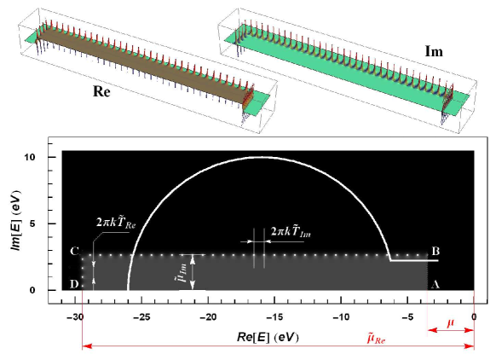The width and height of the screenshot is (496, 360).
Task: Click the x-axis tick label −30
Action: pyautogui.click(x=75, y=316)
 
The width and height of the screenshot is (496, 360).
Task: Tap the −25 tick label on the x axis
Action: pyautogui.click(x=141, y=316)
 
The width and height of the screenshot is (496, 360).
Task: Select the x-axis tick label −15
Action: pyautogui.click(x=274, y=316)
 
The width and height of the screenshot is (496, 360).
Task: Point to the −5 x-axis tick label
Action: pyautogui.click(x=408, y=316)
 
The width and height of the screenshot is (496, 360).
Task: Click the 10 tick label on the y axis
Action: pyautogui.click(x=31, y=157)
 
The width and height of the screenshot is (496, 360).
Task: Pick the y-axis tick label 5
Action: pyautogui.click(x=32, y=224)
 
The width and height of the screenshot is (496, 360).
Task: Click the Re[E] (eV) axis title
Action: pyautogui.click(x=268, y=337)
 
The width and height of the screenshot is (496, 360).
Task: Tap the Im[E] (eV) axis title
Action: pyautogui.click(x=16, y=220)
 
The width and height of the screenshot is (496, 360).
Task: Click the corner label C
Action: pyautogui.click(x=74, y=252)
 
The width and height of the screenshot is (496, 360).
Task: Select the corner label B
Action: pyautogui.click(x=435, y=252)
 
